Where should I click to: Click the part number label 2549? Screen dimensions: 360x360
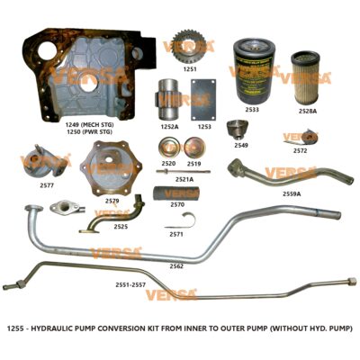pyautogui.click(x=241, y=144)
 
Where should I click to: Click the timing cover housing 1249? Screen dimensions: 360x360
pyautogui.click(x=85, y=76)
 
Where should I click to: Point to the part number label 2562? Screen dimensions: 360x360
pyautogui.click(x=177, y=266)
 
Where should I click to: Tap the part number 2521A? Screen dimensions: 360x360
pyautogui.click(x=184, y=179)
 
